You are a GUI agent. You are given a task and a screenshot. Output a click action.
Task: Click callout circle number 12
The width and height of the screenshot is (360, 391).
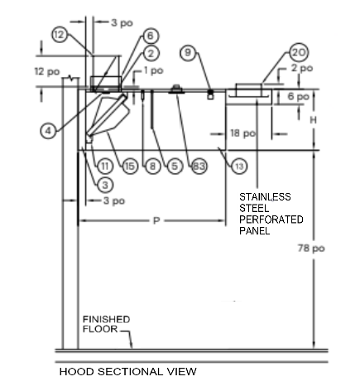click(60, 35)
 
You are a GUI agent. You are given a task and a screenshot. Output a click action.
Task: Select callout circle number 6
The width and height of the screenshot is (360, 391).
click(151, 36)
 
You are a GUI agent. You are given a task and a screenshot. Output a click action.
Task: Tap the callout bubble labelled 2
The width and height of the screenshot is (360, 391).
click(151, 53)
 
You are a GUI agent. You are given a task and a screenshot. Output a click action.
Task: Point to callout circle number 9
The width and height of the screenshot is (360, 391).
click(188, 52)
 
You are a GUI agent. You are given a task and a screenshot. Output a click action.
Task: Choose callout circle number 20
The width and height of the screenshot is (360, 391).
click(299, 52)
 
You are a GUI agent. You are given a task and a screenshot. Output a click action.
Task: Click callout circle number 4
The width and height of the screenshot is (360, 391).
click(48, 131)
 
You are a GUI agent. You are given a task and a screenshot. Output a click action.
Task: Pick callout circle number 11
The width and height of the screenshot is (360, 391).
click(105, 167)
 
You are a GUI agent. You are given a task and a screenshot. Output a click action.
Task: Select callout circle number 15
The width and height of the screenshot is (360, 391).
click(130, 167)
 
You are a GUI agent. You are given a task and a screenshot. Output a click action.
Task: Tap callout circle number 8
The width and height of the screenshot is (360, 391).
click(152, 167)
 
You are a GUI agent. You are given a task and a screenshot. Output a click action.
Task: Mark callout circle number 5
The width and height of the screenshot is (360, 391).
click(175, 167)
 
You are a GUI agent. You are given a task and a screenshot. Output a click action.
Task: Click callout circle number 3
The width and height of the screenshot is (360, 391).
click(105, 185)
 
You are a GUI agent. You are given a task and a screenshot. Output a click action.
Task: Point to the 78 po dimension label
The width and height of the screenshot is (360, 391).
click(311, 249)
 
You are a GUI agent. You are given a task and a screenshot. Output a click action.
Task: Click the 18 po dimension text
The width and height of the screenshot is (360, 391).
click(242, 133)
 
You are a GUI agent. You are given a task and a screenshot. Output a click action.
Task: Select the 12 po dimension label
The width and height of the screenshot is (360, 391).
click(47, 71)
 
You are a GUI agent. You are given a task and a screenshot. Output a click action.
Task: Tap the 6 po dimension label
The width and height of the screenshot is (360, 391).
click(298, 97)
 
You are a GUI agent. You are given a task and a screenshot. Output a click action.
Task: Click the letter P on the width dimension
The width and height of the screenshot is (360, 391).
click(156, 220)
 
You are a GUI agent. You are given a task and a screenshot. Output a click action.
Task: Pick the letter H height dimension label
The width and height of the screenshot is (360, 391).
click(313, 120)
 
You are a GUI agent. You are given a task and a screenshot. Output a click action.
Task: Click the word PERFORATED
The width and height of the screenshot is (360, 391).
click(271, 220)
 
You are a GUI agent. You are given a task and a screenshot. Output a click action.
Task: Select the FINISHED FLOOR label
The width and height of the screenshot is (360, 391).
click(106, 324)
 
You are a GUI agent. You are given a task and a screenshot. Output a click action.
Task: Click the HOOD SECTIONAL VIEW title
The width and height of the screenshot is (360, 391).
click(128, 371)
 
